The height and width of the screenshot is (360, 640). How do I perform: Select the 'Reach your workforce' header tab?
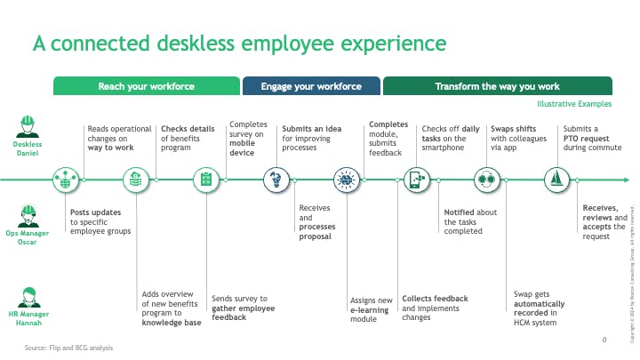[147, 86]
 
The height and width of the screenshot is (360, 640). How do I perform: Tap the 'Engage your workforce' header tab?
[311, 86]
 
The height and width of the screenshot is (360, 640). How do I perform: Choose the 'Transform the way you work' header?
[497, 86]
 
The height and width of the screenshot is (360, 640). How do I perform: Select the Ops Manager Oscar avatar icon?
[28, 215]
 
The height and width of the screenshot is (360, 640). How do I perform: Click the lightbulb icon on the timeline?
[276, 180]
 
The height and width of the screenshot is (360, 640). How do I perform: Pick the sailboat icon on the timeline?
[556, 180]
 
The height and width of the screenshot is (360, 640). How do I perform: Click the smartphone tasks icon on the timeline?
[415, 180]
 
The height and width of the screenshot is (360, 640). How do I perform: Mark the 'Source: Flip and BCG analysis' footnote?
[68, 348]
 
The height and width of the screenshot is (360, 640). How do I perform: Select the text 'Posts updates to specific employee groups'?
[100, 221]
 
